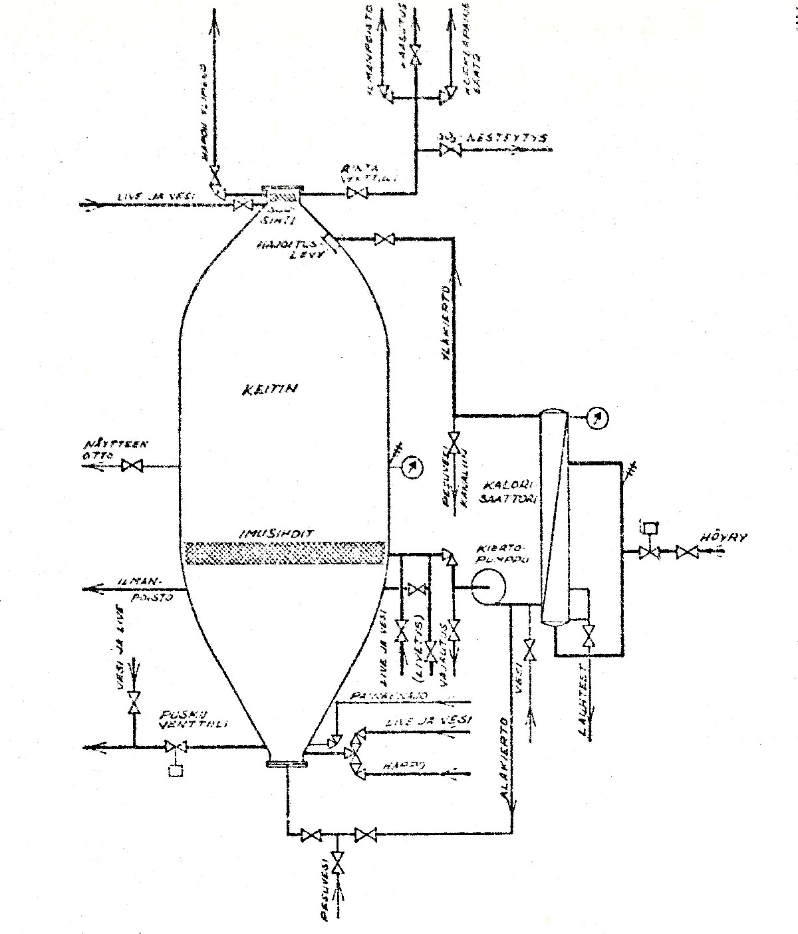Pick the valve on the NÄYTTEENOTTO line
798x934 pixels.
[x=132, y=466]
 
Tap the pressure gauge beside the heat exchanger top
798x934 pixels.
[x=598, y=417]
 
